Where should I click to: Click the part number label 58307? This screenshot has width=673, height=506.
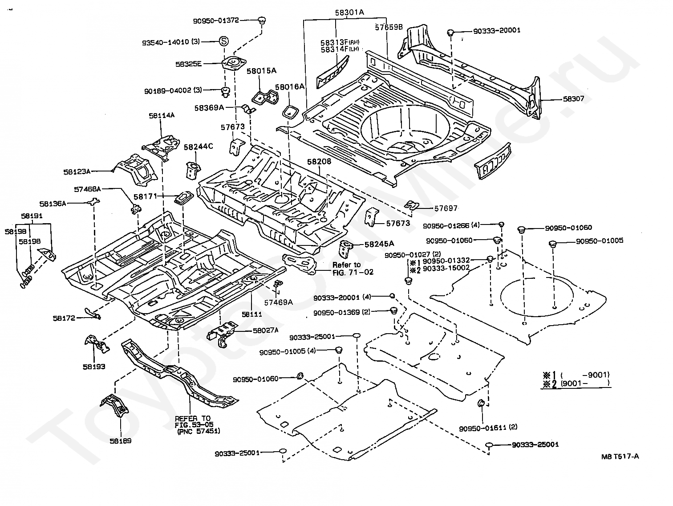[x=573, y=99]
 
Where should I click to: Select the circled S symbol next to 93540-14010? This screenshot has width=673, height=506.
[x=223, y=41]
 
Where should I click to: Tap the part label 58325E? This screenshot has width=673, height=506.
[x=188, y=64]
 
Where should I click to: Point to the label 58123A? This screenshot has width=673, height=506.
[x=77, y=171]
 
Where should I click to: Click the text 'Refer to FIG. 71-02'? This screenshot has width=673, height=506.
[x=353, y=269]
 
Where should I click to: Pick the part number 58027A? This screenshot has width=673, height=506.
[x=265, y=330]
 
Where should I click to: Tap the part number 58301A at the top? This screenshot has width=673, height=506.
[x=349, y=13]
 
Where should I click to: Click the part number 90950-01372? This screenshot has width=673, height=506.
[x=216, y=20]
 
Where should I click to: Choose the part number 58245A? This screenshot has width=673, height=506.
[x=379, y=244]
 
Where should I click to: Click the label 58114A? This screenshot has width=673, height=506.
[x=162, y=115]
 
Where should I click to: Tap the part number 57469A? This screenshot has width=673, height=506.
[x=278, y=302]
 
